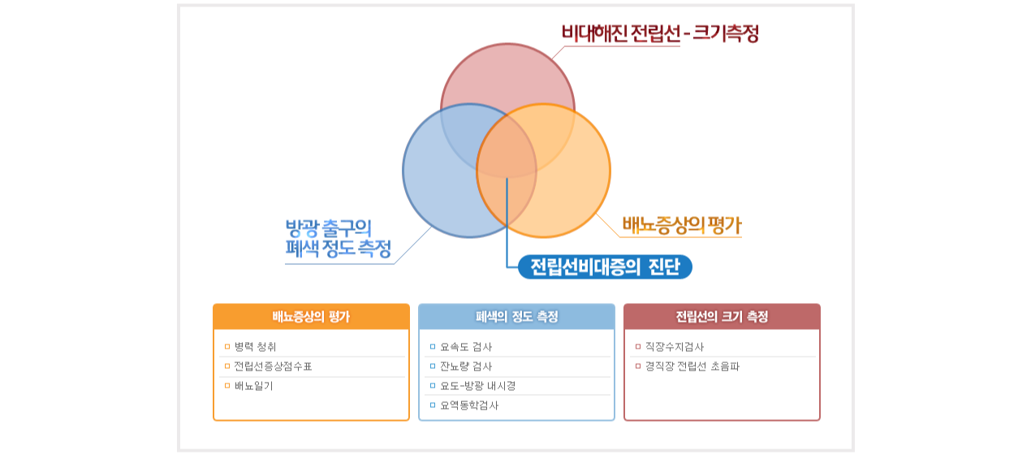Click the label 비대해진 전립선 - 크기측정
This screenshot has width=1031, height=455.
(660, 33)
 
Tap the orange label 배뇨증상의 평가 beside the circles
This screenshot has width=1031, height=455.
(682, 225)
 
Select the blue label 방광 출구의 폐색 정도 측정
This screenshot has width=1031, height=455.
(338, 239)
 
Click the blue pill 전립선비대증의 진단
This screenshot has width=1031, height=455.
(606, 266)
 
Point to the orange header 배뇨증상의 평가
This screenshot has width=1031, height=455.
(311, 316)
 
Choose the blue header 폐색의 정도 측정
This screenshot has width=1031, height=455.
(516, 316)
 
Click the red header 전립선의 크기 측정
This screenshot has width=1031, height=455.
(722, 316)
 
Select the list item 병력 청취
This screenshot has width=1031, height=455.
(255, 347)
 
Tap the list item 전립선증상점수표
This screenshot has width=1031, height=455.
(273, 366)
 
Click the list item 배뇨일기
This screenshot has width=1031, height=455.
(253, 386)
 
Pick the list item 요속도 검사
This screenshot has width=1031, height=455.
(466, 347)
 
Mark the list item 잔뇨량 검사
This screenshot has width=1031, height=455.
(466, 366)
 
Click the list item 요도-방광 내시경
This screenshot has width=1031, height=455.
(478, 386)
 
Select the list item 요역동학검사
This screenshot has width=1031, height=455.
(469, 405)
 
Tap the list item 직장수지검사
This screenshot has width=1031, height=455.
(675, 347)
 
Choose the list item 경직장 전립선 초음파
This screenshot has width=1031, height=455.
(692, 366)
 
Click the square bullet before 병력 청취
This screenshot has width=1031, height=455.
(227, 346)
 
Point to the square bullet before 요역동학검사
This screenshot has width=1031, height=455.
(432, 405)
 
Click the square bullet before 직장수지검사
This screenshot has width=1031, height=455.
(637, 346)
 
